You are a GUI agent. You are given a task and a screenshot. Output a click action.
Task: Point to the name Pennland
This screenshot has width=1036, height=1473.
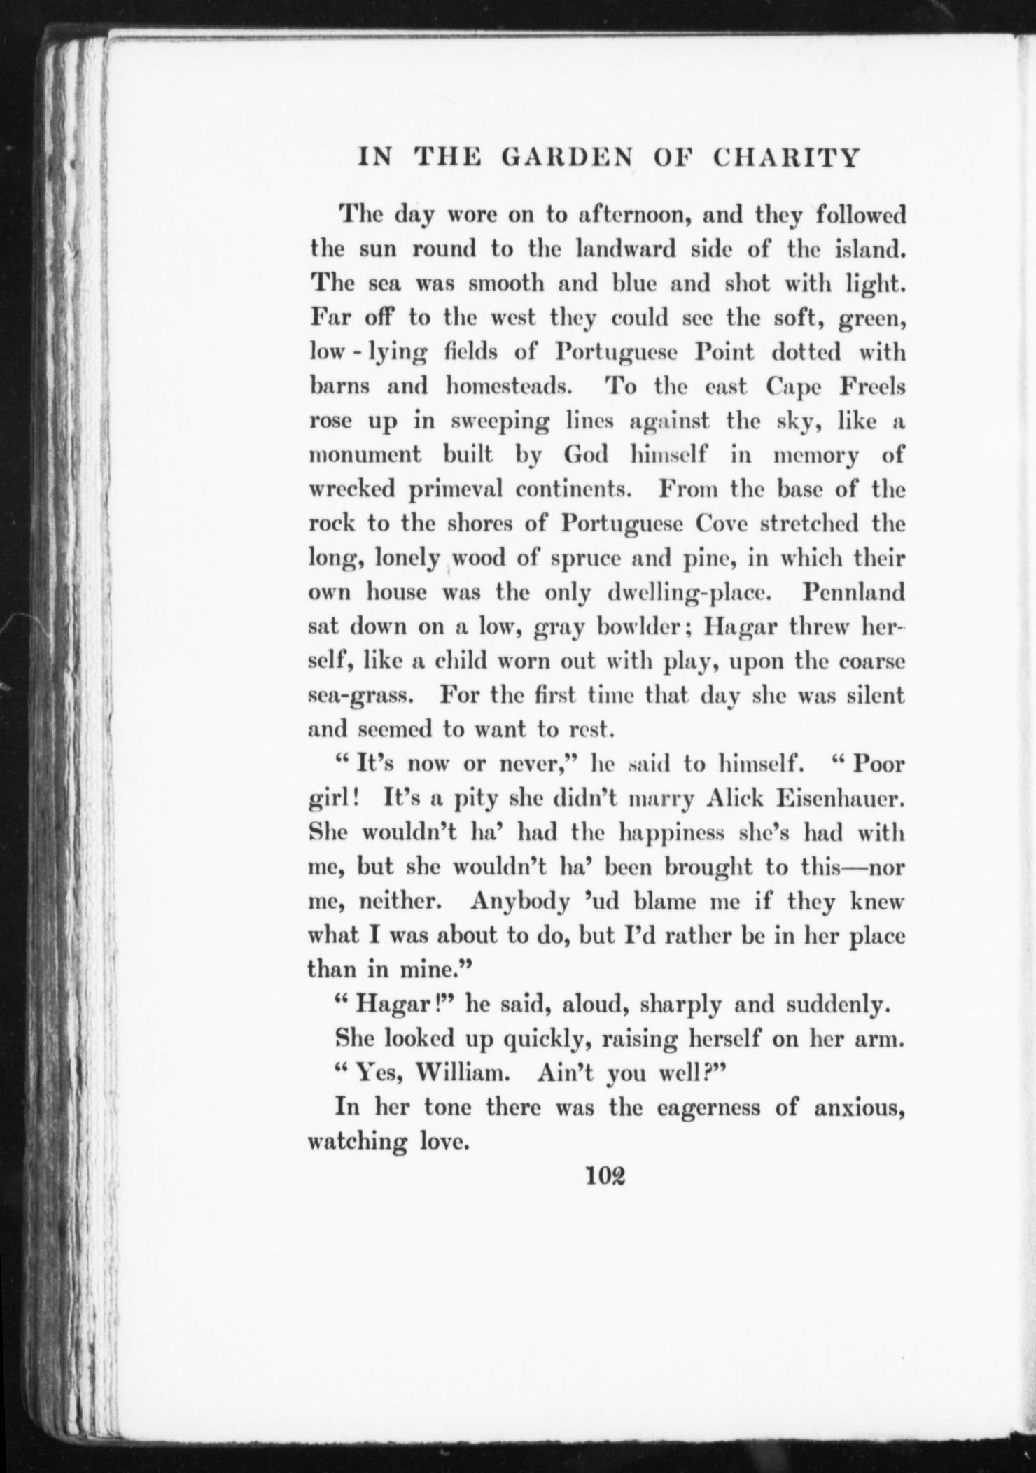pyautogui.click(x=853, y=593)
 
